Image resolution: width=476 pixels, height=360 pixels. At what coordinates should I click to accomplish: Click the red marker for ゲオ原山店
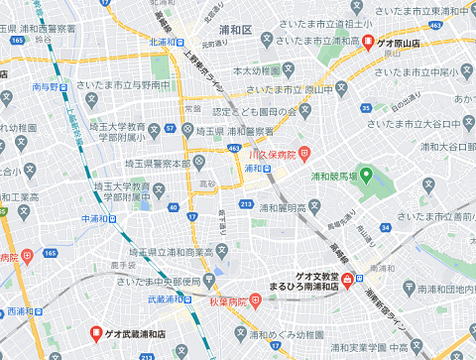coord(368,43)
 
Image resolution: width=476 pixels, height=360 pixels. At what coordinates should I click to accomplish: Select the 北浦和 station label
coord(165,43)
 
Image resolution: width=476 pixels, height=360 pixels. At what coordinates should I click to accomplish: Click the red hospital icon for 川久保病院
coord(303,154)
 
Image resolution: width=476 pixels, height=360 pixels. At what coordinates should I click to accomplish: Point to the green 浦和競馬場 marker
coord(365,176)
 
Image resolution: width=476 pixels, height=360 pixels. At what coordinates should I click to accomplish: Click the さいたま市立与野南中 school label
coord(124,85)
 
